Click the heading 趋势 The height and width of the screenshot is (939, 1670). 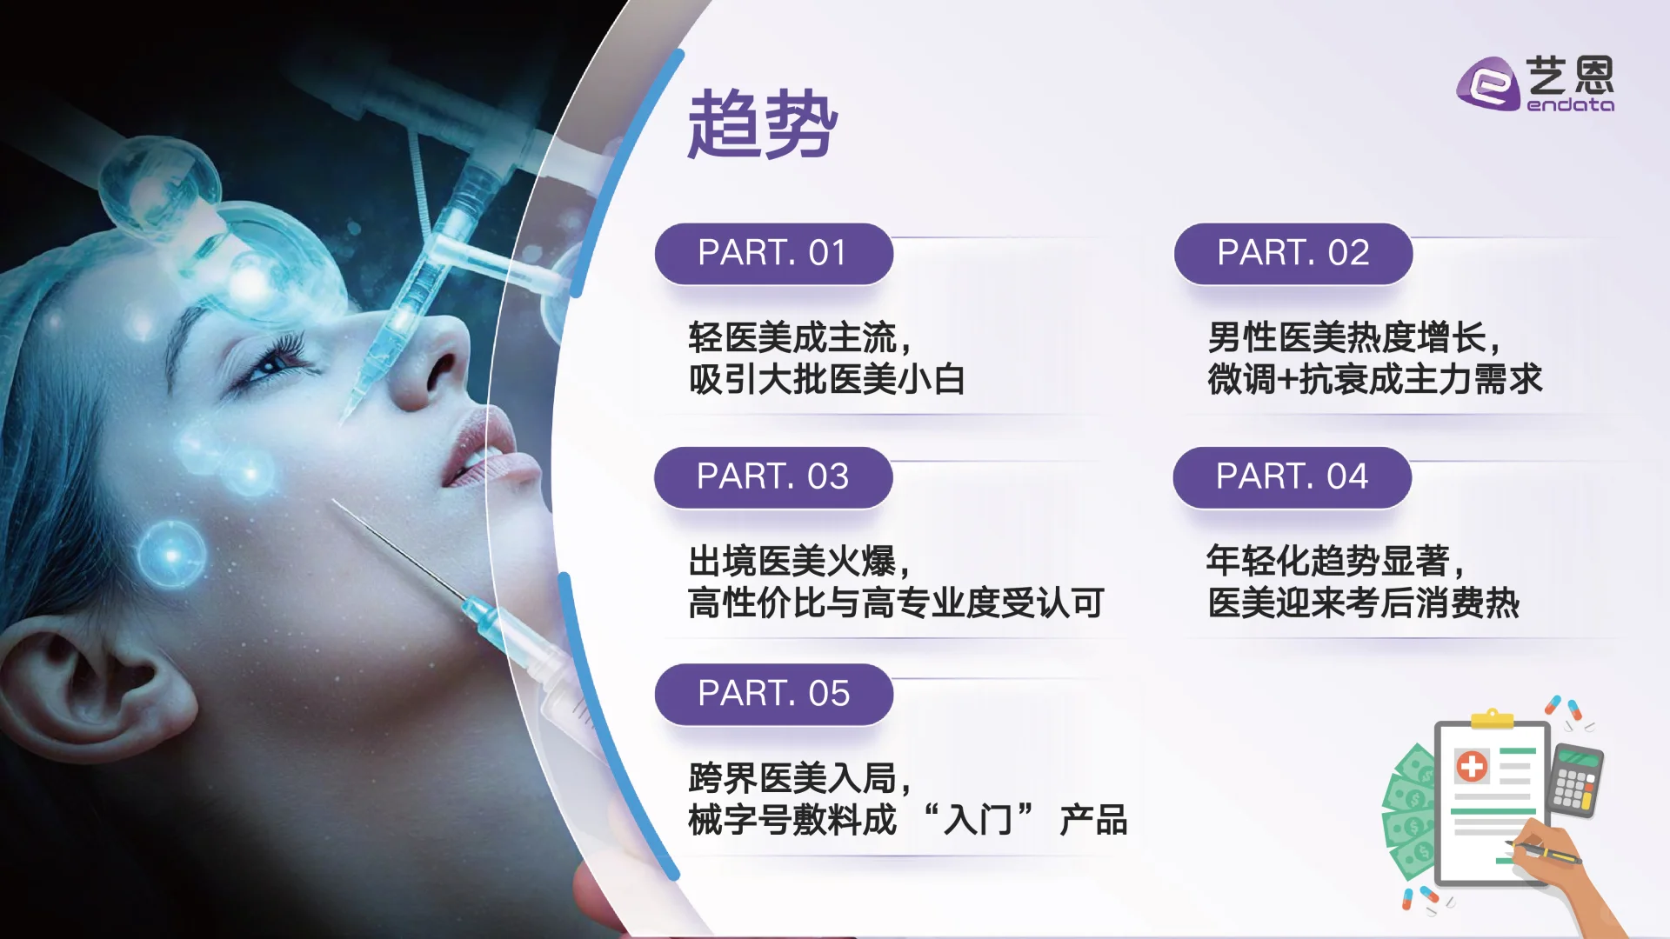pyautogui.click(x=762, y=123)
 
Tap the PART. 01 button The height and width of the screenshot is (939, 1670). pyautogui.click(x=773, y=253)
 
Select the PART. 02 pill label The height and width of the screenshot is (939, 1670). pyautogui.click(x=1293, y=253)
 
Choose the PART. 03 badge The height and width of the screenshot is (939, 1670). pyautogui.click(x=772, y=476)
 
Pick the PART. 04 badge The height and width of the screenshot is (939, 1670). pyautogui.click(x=1292, y=476)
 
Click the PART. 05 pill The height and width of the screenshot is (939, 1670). pyautogui.click(x=773, y=694)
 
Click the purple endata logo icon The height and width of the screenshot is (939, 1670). pyautogui.click(x=1488, y=84)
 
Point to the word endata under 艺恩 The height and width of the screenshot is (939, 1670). pyautogui.click(x=1570, y=105)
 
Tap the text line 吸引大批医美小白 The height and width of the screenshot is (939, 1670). pyautogui.click(x=826, y=380)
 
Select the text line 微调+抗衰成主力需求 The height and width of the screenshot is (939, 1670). pyautogui.click(x=1374, y=380)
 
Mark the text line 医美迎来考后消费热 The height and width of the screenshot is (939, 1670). pyautogui.click(x=1363, y=603)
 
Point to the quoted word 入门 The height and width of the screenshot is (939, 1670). pyautogui.click(x=978, y=820)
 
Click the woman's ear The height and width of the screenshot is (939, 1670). pyautogui.click(x=104, y=687)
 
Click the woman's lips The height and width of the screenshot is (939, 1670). pyautogui.click(x=487, y=452)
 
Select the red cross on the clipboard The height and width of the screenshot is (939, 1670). pyautogui.click(x=1472, y=767)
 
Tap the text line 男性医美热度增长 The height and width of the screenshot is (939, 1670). pyautogui.click(x=1353, y=337)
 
